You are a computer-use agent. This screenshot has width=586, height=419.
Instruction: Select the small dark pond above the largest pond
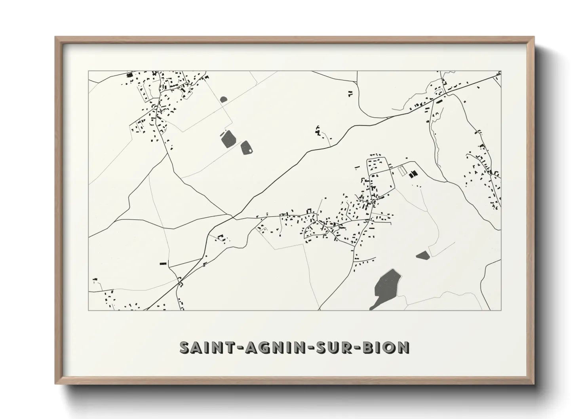[x=423, y=255]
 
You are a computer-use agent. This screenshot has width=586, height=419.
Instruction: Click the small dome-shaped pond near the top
[x=224, y=99]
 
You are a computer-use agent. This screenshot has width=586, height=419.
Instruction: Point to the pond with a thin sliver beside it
[x=228, y=139]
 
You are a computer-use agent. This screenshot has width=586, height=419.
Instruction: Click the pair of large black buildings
[x=413, y=173]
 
